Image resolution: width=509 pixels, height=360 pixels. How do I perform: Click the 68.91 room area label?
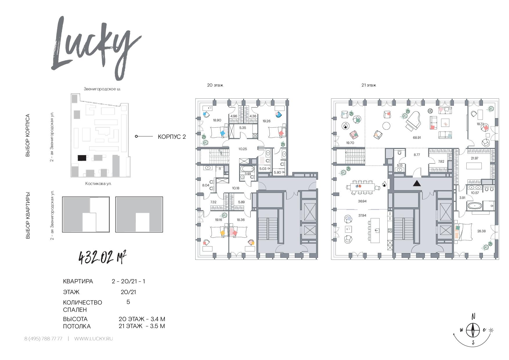pos(417,138)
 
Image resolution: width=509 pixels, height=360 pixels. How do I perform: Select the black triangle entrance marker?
pos(417,183)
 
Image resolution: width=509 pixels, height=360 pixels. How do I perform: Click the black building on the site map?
pos(82,158)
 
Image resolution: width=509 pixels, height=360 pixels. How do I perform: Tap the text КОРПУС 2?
pos(172,137)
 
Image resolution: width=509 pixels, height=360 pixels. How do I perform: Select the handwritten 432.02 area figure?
pos(103,257)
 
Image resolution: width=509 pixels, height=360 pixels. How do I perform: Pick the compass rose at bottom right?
pos(473,330)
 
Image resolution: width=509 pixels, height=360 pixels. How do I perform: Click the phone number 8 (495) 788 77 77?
pos(43,339)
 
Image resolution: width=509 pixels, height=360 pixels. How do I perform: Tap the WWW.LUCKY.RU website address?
pos(93,339)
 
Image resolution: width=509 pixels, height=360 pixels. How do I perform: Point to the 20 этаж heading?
pos(215,85)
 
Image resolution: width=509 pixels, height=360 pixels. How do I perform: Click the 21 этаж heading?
pos(369,85)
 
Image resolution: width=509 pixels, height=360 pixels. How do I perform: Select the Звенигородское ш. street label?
pos(102,89)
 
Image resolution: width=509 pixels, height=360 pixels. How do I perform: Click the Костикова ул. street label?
pos(98,183)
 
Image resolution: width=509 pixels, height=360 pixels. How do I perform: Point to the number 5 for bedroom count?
pos(128,302)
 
